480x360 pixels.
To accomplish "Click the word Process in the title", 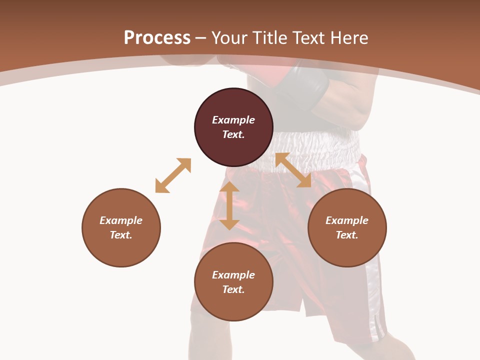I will (x=157, y=38).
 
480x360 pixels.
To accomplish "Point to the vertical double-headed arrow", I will (x=229, y=206).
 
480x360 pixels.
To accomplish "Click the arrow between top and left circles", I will (x=173, y=175).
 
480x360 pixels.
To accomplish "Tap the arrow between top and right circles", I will (x=293, y=170).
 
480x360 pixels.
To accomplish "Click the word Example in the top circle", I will (x=233, y=120).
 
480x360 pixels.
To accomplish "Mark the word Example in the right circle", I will (x=347, y=220).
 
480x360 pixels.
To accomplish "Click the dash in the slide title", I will (x=201, y=38).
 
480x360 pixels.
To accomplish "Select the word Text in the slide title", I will (x=307, y=38).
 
